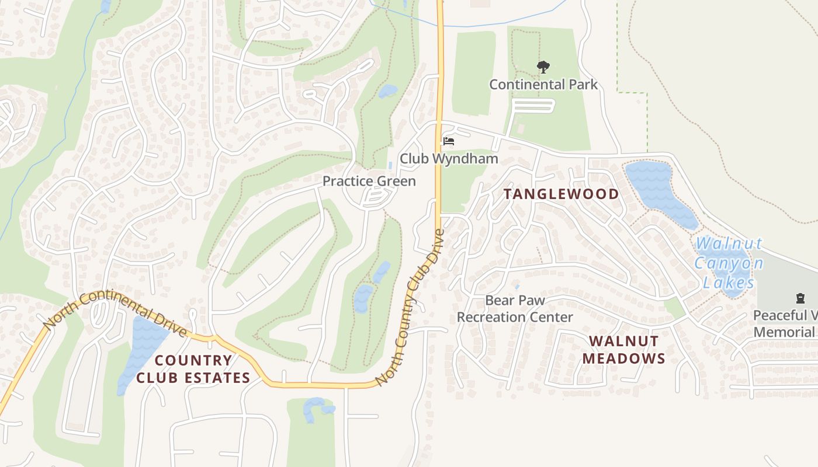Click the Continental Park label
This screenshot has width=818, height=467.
[543, 85]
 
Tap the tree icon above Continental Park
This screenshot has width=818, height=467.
[543, 67]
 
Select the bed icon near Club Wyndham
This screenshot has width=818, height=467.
[449, 141]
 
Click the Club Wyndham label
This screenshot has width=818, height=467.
[449, 159]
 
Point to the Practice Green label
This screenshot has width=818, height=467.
[369, 181]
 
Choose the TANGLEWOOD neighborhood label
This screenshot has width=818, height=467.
[561, 194]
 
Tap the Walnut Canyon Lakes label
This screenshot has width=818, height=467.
[729, 263]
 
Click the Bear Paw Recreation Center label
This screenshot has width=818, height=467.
[515, 309]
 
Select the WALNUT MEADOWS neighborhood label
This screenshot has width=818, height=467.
[623, 350]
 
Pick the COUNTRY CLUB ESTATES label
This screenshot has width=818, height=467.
[193, 369]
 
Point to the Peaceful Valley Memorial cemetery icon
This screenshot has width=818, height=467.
[800, 299]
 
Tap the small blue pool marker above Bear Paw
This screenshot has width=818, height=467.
[517, 287]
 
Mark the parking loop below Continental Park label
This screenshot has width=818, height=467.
[532, 106]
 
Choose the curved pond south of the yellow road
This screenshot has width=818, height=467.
[316, 408]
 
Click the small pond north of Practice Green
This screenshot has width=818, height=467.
[387, 91]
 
